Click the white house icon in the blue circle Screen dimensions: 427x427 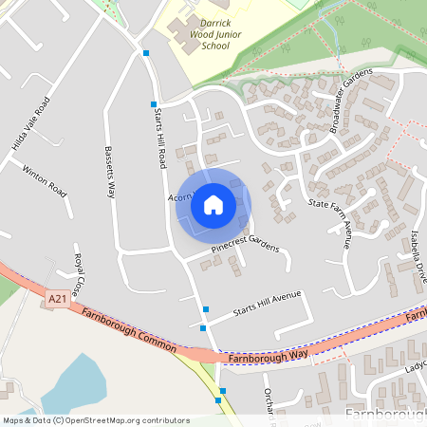[213, 204]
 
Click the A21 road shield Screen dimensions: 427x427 [56, 299]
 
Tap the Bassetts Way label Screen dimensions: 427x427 [110, 171]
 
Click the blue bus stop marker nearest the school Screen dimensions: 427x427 [145, 53]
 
